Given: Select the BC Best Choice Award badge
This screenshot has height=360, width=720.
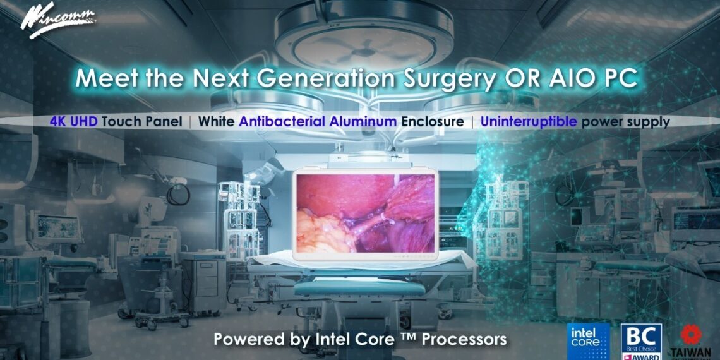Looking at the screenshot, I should click(641, 342).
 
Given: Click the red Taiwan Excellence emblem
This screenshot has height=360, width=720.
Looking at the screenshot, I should click(690, 335).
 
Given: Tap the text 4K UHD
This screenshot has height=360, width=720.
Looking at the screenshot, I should click(74, 121).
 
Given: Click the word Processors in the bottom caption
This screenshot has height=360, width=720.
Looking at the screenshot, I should click(464, 339).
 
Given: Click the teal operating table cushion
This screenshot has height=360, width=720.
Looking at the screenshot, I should click(360, 288).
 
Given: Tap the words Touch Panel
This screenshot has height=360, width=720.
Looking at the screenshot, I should click(139, 121).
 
